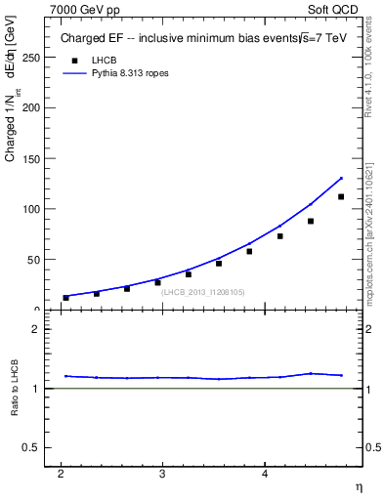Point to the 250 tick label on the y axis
click(x=31, y=58)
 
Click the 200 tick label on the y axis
click(x=31, y=107)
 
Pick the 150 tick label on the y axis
click(x=31, y=158)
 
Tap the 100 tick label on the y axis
click(x=31, y=209)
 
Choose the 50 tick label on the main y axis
click(x=34, y=260)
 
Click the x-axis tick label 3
click(x=162, y=474)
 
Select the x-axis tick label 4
click(x=265, y=474)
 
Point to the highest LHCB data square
click(x=341, y=196)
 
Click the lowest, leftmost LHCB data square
click(x=65, y=298)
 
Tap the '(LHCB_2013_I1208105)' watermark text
click(x=203, y=292)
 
